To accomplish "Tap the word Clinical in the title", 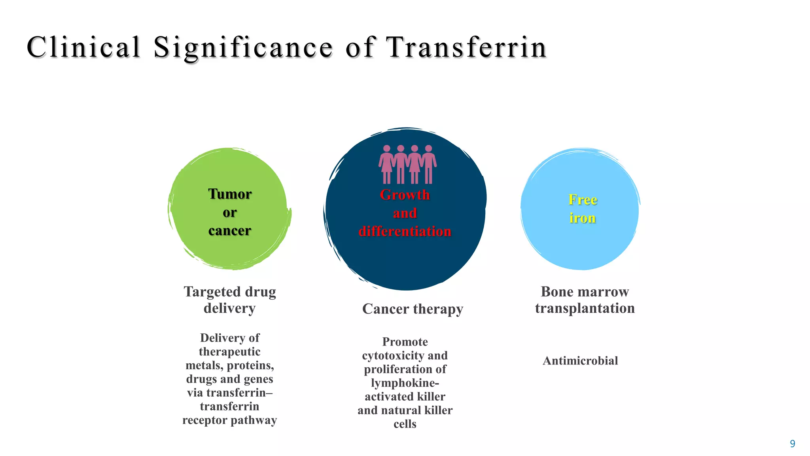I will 83,47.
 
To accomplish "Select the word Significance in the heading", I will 243,47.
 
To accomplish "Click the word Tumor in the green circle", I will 230,194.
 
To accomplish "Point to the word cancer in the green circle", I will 230,230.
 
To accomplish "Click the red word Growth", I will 405,195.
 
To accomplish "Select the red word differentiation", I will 405,231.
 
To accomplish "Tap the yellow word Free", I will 583,199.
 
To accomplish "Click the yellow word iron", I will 583,218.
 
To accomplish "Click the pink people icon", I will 407,164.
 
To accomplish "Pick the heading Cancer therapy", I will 413,309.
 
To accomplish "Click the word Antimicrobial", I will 580,361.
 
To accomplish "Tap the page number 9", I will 792,444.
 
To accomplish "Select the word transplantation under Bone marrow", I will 585,308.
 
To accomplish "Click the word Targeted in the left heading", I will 212,292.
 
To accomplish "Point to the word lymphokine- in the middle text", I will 405,383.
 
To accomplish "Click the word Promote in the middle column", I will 405,342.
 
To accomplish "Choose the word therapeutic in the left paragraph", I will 230,351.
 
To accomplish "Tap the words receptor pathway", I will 230,420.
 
